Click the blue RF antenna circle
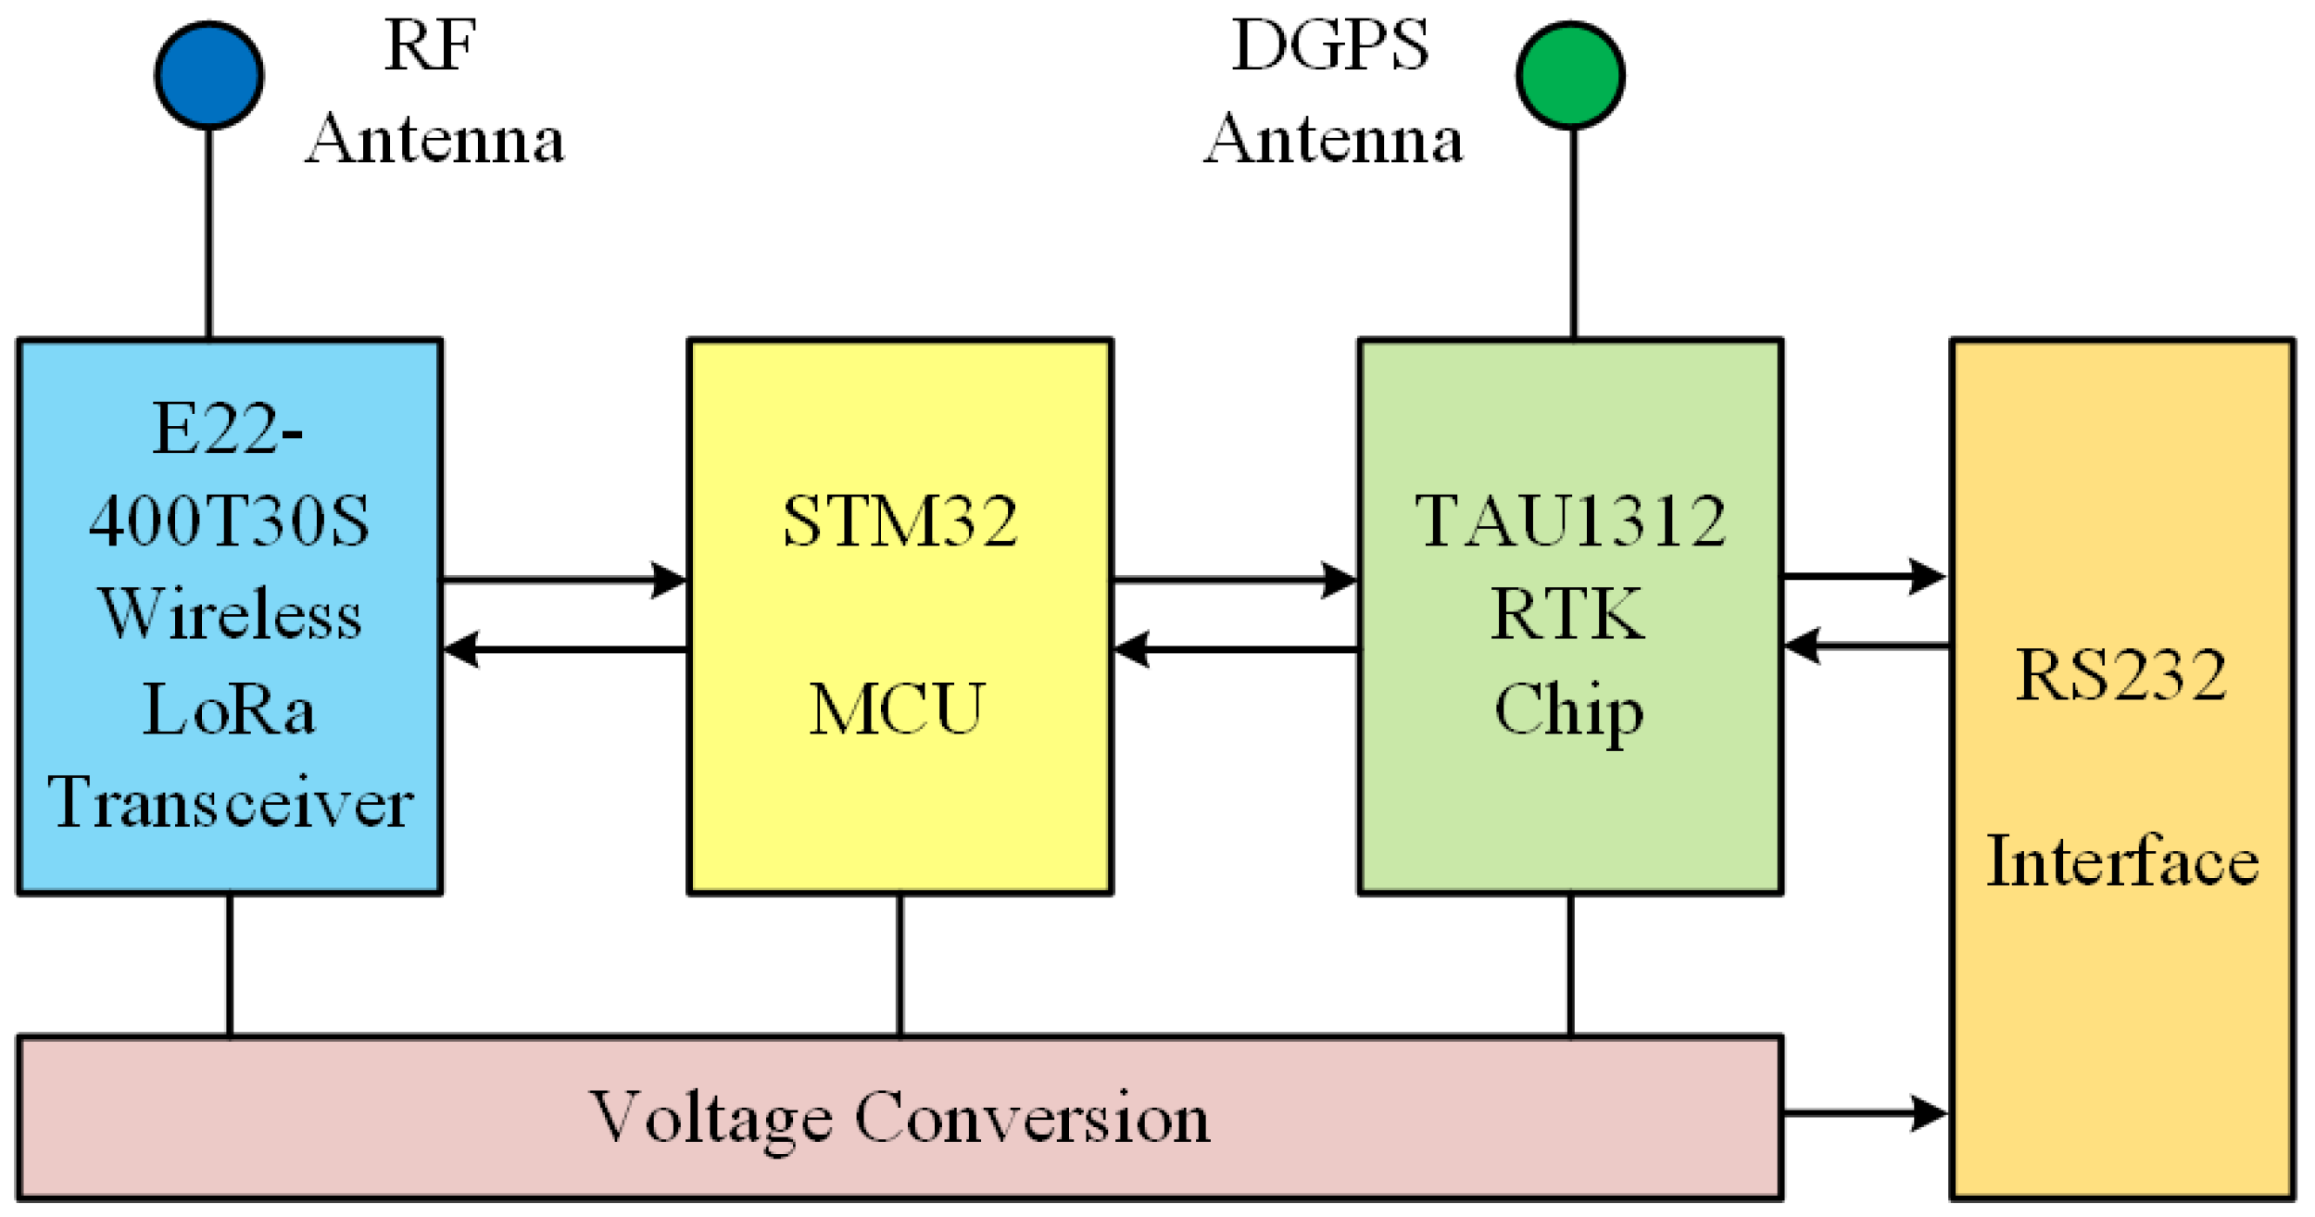209,75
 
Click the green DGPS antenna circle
1571,75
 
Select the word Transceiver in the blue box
231,802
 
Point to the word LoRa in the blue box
229,709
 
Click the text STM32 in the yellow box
900,521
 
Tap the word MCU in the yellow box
897,709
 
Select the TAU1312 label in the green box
1571,521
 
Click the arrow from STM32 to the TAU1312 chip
1235,581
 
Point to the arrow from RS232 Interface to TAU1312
1867,646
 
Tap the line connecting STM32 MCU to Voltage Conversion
900,965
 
